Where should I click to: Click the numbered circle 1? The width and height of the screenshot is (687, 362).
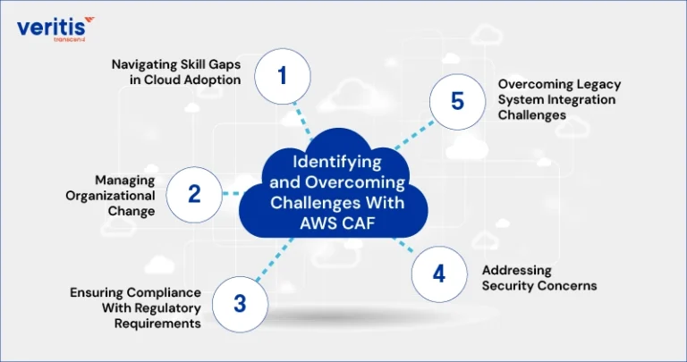(283, 76)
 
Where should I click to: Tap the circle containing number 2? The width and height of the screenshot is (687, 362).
(194, 195)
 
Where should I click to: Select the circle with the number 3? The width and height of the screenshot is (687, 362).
(240, 304)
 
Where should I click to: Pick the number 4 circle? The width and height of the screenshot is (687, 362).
(439, 274)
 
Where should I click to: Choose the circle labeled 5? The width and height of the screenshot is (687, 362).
(457, 102)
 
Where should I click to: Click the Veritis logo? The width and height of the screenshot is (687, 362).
(55, 29)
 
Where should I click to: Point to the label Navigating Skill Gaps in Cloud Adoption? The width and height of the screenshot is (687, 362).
(176, 72)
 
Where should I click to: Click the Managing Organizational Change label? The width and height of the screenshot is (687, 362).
(110, 196)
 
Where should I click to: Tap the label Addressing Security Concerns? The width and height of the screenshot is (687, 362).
(539, 278)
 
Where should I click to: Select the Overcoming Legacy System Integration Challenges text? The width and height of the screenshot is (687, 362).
(559, 99)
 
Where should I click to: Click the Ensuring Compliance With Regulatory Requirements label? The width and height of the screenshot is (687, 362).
(135, 308)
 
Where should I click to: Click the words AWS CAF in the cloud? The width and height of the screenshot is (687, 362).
(337, 223)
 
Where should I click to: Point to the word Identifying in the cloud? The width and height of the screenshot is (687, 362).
(337, 162)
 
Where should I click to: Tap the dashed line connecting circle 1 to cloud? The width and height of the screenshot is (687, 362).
(302, 118)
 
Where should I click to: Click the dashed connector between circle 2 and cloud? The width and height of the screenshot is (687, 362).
(232, 193)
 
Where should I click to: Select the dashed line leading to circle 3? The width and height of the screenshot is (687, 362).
(275, 259)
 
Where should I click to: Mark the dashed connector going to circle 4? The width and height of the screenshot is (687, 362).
(403, 245)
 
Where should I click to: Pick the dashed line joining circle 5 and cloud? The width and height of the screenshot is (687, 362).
(414, 135)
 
